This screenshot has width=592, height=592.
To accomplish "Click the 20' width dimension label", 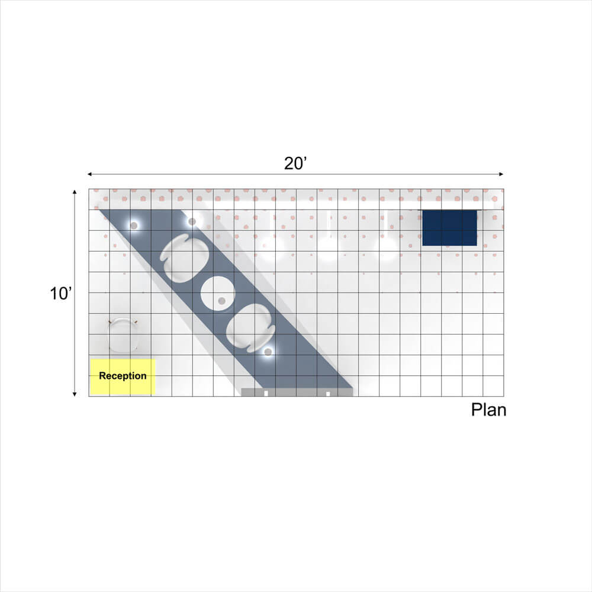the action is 295,163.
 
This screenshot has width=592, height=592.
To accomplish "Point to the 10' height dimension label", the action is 60,294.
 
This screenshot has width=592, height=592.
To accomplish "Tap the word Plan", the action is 488,410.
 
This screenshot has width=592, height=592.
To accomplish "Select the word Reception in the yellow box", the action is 123,376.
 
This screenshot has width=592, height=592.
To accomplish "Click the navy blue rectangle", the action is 449,228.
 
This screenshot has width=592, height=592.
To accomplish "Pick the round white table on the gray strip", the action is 217,294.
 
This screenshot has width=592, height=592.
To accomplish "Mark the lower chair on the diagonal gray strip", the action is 250,328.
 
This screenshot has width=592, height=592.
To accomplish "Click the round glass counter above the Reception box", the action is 123,335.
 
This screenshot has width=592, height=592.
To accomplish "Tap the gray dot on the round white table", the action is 221,301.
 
